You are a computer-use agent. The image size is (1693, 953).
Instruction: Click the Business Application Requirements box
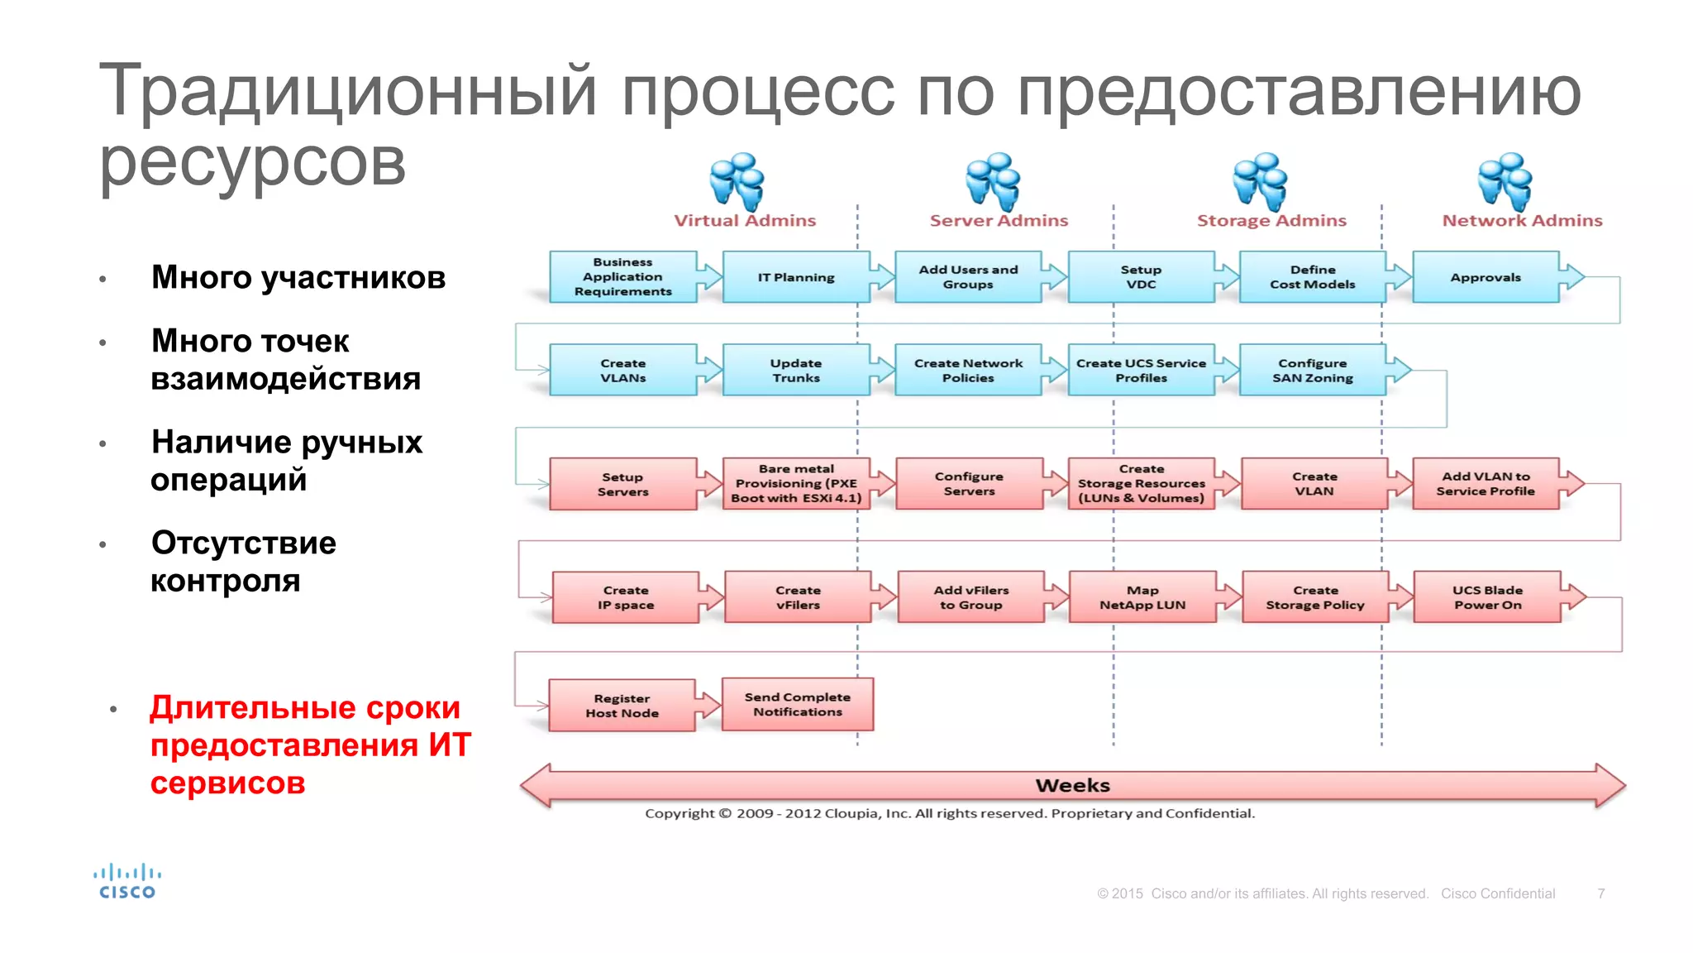pyautogui.click(x=622, y=277)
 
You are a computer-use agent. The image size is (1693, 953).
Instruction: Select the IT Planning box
pyautogui.click(x=796, y=277)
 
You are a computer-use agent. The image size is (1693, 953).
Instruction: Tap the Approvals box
pyautogui.click(x=1486, y=277)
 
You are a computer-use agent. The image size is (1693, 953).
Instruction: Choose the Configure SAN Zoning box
pyautogui.click(x=1312, y=370)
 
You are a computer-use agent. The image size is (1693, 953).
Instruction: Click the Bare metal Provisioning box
pyautogui.click(x=796, y=483)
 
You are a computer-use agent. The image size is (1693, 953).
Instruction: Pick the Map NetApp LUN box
pyautogui.click(x=1142, y=597)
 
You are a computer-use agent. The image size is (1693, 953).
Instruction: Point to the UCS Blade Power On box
pyautogui.click(x=1487, y=597)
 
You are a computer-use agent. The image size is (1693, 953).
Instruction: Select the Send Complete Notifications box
pyautogui.click(x=797, y=704)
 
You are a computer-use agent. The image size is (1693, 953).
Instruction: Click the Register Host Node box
pyautogui.click(x=622, y=706)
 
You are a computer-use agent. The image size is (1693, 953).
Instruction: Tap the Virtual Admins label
pyautogui.click(x=745, y=221)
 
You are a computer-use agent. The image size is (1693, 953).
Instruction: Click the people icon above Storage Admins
pyautogui.click(x=1260, y=181)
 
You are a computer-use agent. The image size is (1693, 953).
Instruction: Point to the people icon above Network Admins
pyautogui.click(x=1505, y=181)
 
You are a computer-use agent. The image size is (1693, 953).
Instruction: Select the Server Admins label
pyautogui.click(x=999, y=221)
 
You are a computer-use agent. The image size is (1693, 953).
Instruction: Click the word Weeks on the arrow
pyautogui.click(x=1072, y=785)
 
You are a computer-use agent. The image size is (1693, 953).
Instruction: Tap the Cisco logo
pyautogui.click(x=127, y=881)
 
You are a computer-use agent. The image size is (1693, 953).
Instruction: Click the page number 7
pyautogui.click(x=1601, y=893)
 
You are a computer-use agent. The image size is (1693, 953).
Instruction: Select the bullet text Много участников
pyautogui.click(x=298, y=277)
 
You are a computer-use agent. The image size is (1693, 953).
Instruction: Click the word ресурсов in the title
pyautogui.click(x=252, y=162)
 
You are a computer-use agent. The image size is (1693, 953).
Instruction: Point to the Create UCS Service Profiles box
pyautogui.click(x=1141, y=370)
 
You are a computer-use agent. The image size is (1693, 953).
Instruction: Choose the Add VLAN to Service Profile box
pyautogui.click(x=1486, y=483)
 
